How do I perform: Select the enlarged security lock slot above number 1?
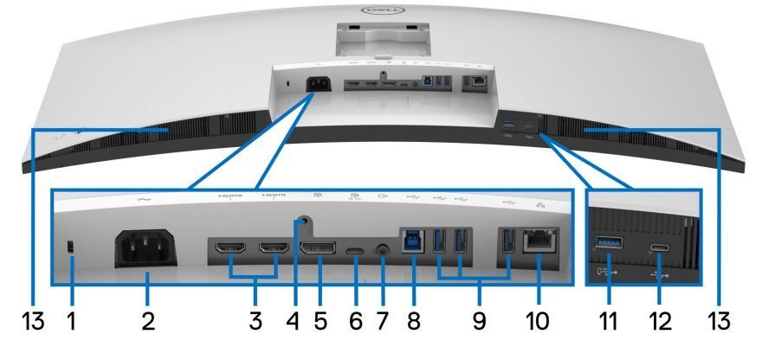coord(73,248)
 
